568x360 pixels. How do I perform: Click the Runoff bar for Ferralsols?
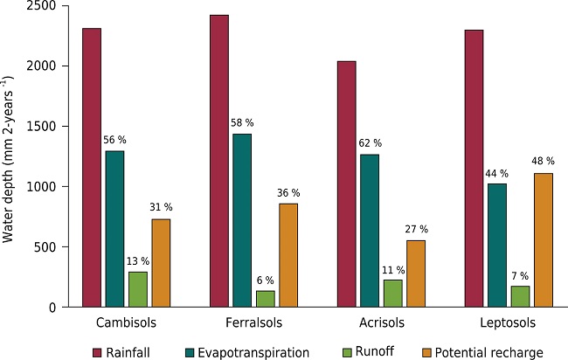coord(265,299)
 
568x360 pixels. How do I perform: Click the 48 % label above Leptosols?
coord(543,162)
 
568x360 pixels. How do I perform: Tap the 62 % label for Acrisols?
coord(370,143)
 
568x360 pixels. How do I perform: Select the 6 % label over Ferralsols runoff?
coord(265,280)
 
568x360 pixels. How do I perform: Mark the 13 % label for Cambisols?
coord(137,260)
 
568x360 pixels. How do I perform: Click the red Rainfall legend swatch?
coord(99,352)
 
